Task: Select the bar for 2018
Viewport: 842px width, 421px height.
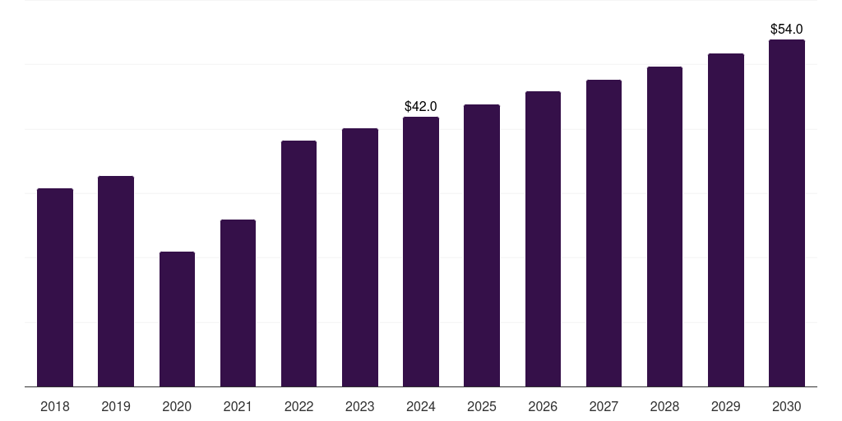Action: click(x=55, y=287)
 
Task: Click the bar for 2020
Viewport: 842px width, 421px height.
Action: click(x=178, y=319)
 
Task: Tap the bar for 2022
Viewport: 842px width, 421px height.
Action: click(x=298, y=264)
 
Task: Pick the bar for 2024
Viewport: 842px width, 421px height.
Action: click(x=421, y=252)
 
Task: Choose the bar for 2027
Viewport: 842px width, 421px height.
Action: click(x=604, y=233)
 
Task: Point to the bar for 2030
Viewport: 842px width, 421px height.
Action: click(x=787, y=213)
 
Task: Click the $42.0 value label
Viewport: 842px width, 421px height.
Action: click(x=421, y=106)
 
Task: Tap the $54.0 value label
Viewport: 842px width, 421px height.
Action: click(x=787, y=29)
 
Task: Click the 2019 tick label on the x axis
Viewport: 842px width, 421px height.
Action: click(x=116, y=406)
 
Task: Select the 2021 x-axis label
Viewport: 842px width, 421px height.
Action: click(x=238, y=406)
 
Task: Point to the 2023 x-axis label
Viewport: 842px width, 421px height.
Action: click(x=360, y=406)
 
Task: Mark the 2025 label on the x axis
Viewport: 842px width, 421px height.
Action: click(x=482, y=406)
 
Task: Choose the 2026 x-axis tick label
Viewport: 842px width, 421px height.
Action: click(x=543, y=406)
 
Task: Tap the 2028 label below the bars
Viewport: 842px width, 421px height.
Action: click(x=664, y=406)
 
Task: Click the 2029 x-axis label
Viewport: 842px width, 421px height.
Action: click(x=726, y=406)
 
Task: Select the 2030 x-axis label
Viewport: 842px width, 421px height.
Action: click(x=787, y=406)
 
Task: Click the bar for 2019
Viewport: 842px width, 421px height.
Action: click(x=116, y=281)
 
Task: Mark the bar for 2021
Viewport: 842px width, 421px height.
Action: click(x=238, y=303)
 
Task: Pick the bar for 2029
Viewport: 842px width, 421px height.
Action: click(x=726, y=220)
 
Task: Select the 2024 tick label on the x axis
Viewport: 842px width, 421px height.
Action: click(x=421, y=406)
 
